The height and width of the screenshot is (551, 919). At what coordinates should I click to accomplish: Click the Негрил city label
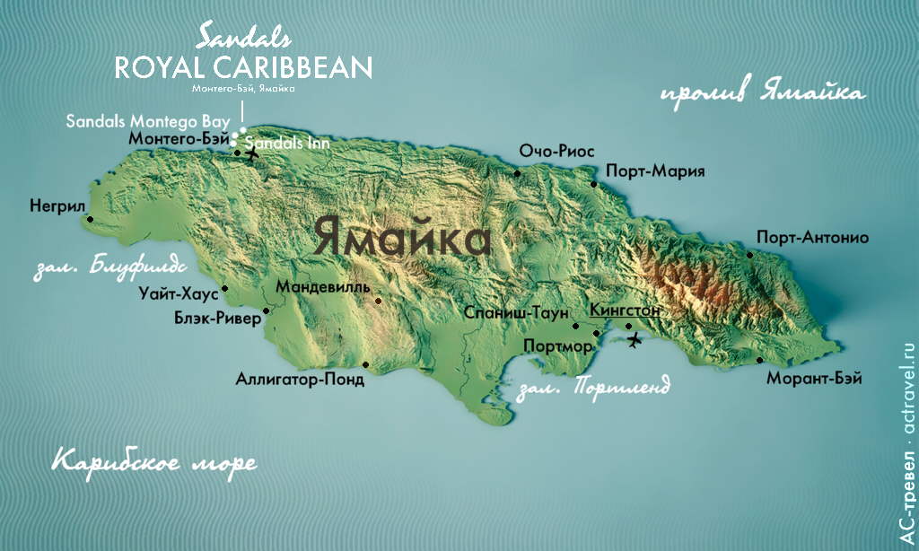(x=56, y=205)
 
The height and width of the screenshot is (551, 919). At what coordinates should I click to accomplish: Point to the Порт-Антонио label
(x=812, y=238)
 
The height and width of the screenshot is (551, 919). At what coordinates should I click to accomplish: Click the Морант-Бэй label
(x=814, y=379)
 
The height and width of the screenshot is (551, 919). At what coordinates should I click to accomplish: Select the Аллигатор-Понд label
(x=300, y=380)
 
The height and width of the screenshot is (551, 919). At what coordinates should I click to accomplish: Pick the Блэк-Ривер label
(x=217, y=317)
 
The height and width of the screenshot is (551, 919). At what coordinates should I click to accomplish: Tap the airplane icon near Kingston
(x=636, y=339)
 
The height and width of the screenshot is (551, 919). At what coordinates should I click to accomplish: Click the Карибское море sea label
(x=153, y=462)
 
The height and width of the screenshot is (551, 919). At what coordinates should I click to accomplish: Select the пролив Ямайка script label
(x=763, y=94)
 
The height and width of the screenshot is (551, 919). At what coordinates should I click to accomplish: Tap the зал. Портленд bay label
(x=594, y=389)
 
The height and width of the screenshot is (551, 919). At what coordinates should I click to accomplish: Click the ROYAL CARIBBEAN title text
(x=243, y=67)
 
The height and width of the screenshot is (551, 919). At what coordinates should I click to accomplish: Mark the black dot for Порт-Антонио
(x=750, y=255)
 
